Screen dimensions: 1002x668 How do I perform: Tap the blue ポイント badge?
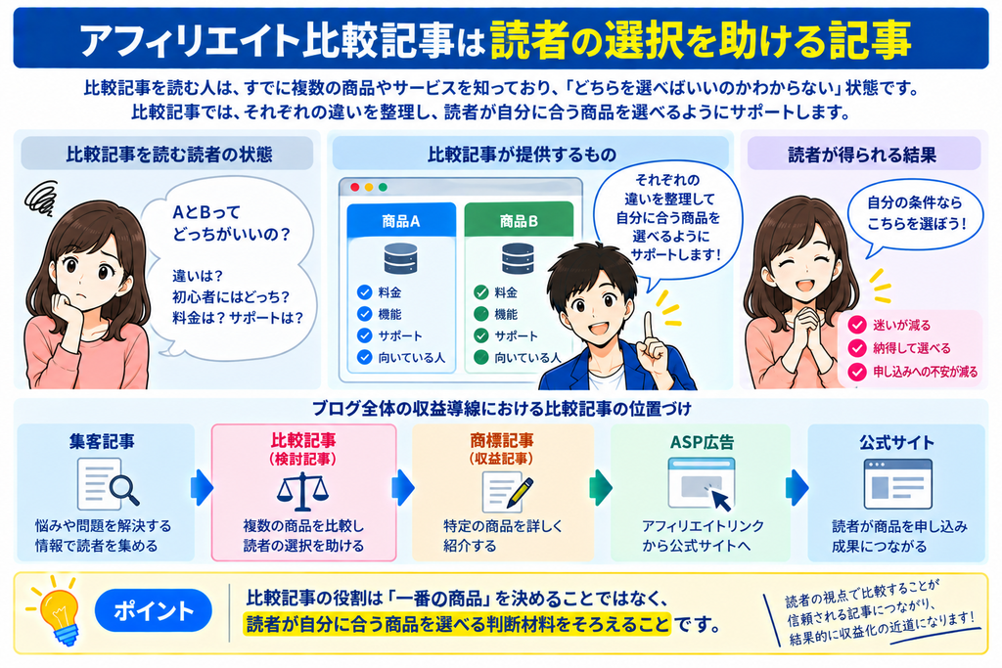coord(154,611)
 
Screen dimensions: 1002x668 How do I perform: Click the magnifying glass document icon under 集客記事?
coord(107,483)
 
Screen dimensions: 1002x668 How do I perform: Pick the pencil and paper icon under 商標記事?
coord(507,491)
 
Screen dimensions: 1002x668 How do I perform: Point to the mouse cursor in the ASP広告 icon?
coord(720,498)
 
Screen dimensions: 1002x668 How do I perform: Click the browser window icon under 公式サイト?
coord(897,484)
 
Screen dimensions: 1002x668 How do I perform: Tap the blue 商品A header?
coord(400,221)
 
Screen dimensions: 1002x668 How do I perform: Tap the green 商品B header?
coord(519,221)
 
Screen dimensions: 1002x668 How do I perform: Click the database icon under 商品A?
coord(400,258)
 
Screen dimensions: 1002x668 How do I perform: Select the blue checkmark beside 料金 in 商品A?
coord(364,292)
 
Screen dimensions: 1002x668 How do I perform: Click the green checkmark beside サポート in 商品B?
coord(480,335)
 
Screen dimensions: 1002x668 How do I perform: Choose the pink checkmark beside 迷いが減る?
coord(856,325)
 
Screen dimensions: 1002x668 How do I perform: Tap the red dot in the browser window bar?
coord(354,187)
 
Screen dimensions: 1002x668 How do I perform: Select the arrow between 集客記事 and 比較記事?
coord(202,489)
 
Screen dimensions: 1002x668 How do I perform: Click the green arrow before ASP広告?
coord(600,489)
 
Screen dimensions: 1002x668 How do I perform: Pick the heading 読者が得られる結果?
coord(862,155)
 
